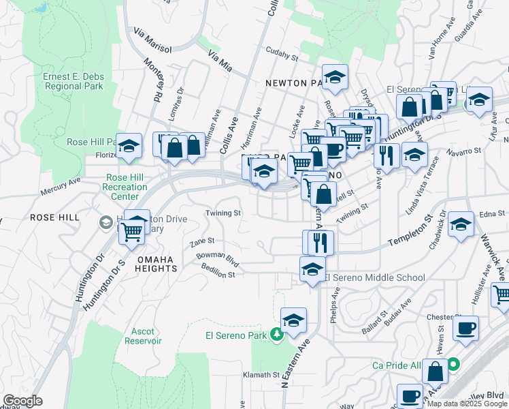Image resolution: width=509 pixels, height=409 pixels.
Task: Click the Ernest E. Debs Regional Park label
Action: [x=73, y=81]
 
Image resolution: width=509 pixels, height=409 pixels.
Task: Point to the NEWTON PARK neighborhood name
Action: [x=296, y=84]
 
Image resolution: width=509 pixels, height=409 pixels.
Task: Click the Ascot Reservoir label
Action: [x=143, y=335]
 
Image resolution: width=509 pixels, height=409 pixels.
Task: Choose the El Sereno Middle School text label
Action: [x=374, y=277]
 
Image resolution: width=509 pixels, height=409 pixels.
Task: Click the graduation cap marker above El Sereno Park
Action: [x=293, y=320]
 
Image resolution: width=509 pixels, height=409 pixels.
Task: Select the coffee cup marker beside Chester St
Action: [x=465, y=328]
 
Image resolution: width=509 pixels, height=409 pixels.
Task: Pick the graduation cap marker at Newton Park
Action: [x=335, y=77]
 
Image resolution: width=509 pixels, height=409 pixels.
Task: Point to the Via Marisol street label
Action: [x=152, y=41]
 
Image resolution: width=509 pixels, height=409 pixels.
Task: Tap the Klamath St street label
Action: [x=262, y=375]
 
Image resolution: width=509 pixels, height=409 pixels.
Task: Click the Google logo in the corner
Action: [x=22, y=400]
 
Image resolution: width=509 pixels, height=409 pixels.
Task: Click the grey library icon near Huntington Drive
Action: [x=106, y=222]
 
